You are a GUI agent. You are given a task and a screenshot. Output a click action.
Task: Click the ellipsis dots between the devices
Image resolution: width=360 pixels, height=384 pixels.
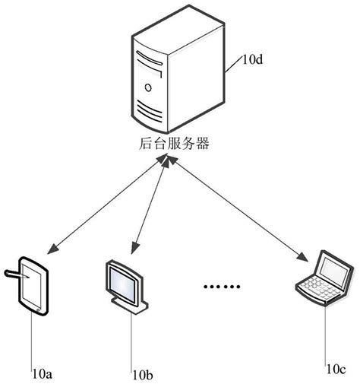pyautogui.click(x=222, y=287)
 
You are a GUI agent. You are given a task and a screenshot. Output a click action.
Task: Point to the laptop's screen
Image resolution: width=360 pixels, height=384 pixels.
pyautogui.click(x=333, y=268)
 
